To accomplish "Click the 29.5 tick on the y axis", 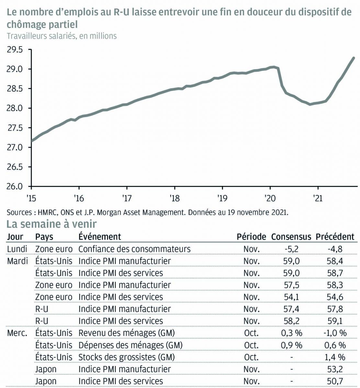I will pyautogui.click(x=15, y=50).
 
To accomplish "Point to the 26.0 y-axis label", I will pyautogui.click(x=15, y=187).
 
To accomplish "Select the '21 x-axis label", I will pyautogui.click(x=318, y=198).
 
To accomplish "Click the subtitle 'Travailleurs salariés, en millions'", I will pyautogui.click(x=62, y=36).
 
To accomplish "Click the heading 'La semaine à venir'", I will pyautogui.click(x=51, y=224).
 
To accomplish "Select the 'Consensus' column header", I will pyautogui.click(x=291, y=237).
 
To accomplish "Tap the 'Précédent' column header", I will pyautogui.click(x=335, y=237).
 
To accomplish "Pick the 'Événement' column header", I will pyautogui.click(x=100, y=237).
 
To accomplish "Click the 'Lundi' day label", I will pyautogui.click(x=17, y=249).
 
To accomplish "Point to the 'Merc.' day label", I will pyautogui.click(x=17, y=333).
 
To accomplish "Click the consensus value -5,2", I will pyautogui.click(x=291, y=249).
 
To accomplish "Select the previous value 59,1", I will pyautogui.click(x=335, y=321).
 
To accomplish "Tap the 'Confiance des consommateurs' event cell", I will pyautogui.click(x=134, y=249).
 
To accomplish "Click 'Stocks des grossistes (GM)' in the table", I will pyautogui.click(x=127, y=357).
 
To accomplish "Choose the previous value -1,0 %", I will pyautogui.click(x=335, y=333).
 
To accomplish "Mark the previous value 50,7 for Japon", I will pyautogui.click(x=335, y=382).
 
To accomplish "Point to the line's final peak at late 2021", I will pyautogui.click(x=354, y=58).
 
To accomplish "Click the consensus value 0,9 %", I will pyautogui.click(x=291, y=345).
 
